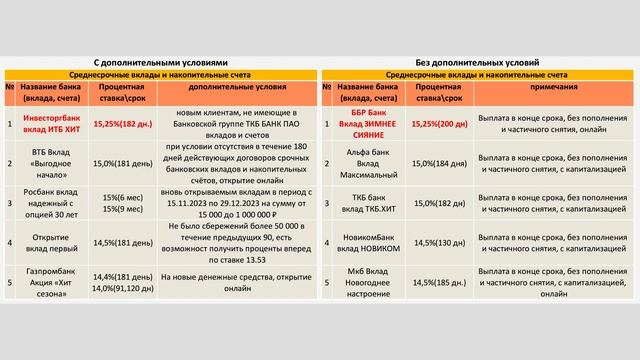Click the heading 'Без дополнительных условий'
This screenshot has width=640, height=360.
tap(480, 62)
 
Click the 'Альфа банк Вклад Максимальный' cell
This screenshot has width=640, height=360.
tap(366, 164)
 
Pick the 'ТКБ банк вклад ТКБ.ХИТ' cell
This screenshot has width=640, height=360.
tap(366, 204)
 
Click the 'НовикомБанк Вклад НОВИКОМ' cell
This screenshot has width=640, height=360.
tap(366, 242)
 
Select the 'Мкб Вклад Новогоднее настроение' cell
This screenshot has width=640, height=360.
tap(366, 282)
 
